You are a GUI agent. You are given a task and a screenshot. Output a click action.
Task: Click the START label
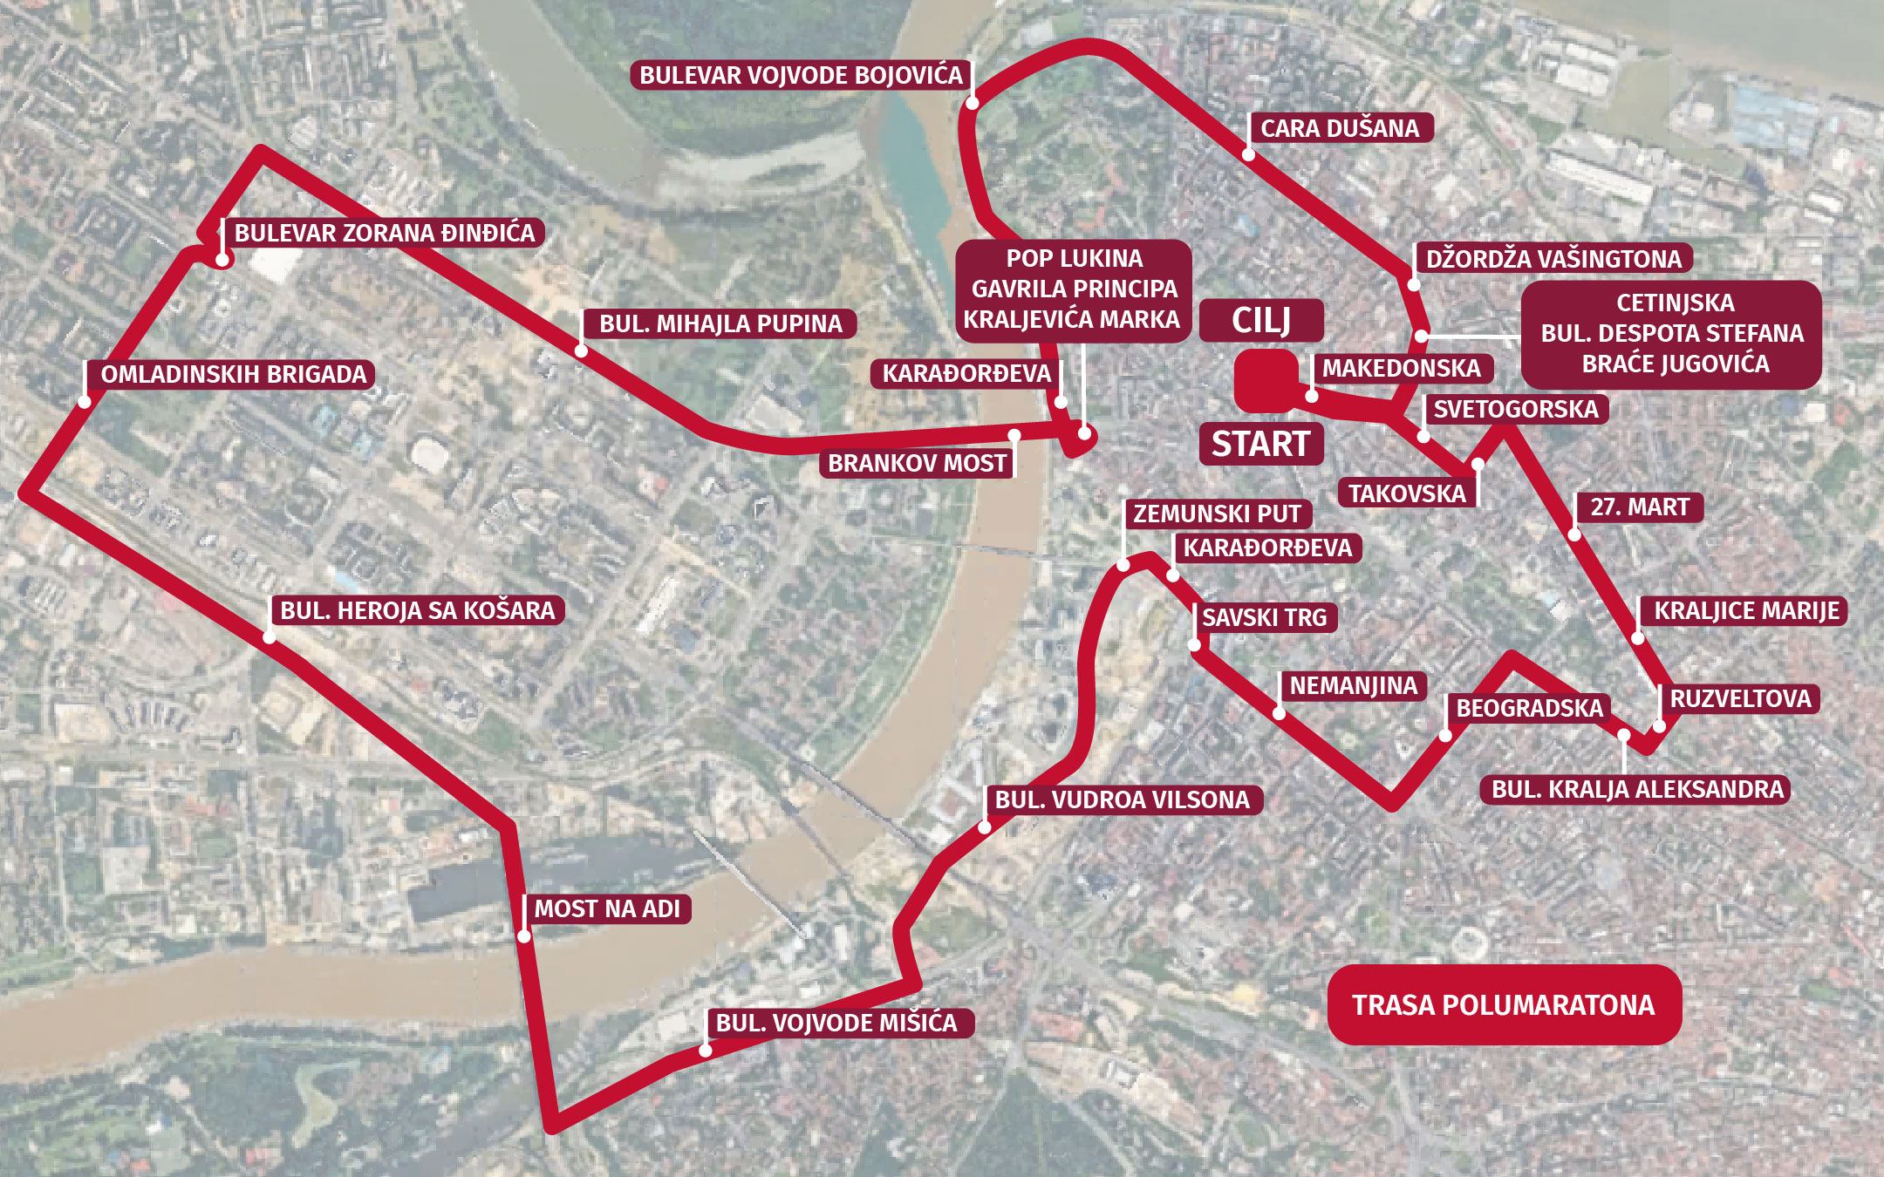pyautogui.click(x=1260, y=444)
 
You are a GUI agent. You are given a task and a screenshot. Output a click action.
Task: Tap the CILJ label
pyautogui.click(x=1260, y=320)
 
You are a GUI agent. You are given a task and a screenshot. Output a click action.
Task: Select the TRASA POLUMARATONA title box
pyautogui.click(x=1504, y=1004)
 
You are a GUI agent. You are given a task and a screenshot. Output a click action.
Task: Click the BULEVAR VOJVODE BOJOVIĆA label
pyautogui.click(x=801, y=75)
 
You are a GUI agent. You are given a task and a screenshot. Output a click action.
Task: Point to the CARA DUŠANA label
pyautogui.click(x=1340, y=128)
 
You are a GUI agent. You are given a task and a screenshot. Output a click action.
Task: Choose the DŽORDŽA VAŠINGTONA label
pyautogui.click(x=1553, y=258)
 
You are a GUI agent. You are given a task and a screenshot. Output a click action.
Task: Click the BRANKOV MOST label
pyautogui.click(x=917, y=463)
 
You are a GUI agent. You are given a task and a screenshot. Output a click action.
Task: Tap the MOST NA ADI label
pyautogui.click(x=607, y=908)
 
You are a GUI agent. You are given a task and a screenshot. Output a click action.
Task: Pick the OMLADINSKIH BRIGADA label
pyautogui.click(x=234, y=374)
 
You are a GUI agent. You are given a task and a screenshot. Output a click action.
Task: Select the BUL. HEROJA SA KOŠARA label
pyautogui.click(x=418, y=609)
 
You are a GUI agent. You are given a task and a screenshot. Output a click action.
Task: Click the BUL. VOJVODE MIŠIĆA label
pyautogui.click(x=836, y=1022)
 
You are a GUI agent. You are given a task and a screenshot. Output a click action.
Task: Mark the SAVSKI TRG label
pyautogui.click(x=1264, y=617)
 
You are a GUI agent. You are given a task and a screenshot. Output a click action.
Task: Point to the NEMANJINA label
pyautogui.click(x=1353, y=685)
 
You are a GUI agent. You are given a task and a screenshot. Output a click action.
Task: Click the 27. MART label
pyautogui.click(x=1639, y=507)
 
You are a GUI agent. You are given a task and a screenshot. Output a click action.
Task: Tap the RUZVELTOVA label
pyautogui.click(x=1740, y=698)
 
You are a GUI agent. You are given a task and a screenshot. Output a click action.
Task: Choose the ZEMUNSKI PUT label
pyautogui.click(x=1217, y=514)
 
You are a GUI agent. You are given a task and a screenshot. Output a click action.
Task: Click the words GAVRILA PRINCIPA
pyautogui.click(x=1074, y=289)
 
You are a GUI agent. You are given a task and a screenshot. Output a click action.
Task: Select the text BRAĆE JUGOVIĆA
pyautogui.click(x=1675, y=364)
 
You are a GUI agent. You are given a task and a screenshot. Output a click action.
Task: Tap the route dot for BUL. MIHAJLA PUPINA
pyautogui.click(x=581, y=350)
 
